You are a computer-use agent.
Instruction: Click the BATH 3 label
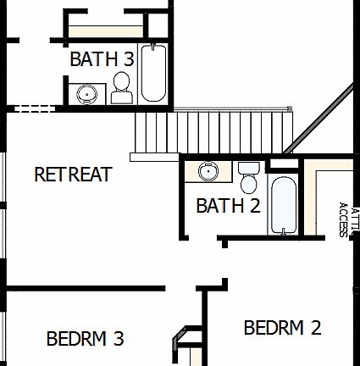click(101, 59)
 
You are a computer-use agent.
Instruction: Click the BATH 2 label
click(227, 205)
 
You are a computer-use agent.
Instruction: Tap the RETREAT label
click(73, 175)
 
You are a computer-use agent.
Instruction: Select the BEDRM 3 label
click(85, 339)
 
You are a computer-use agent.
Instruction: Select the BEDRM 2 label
click(282, 328)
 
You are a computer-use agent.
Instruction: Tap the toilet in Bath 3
click(122, 87)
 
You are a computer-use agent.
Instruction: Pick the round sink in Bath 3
click(86, 93)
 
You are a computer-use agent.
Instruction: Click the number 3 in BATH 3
click(128, 59)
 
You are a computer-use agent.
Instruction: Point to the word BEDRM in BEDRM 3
click(75, 339)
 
